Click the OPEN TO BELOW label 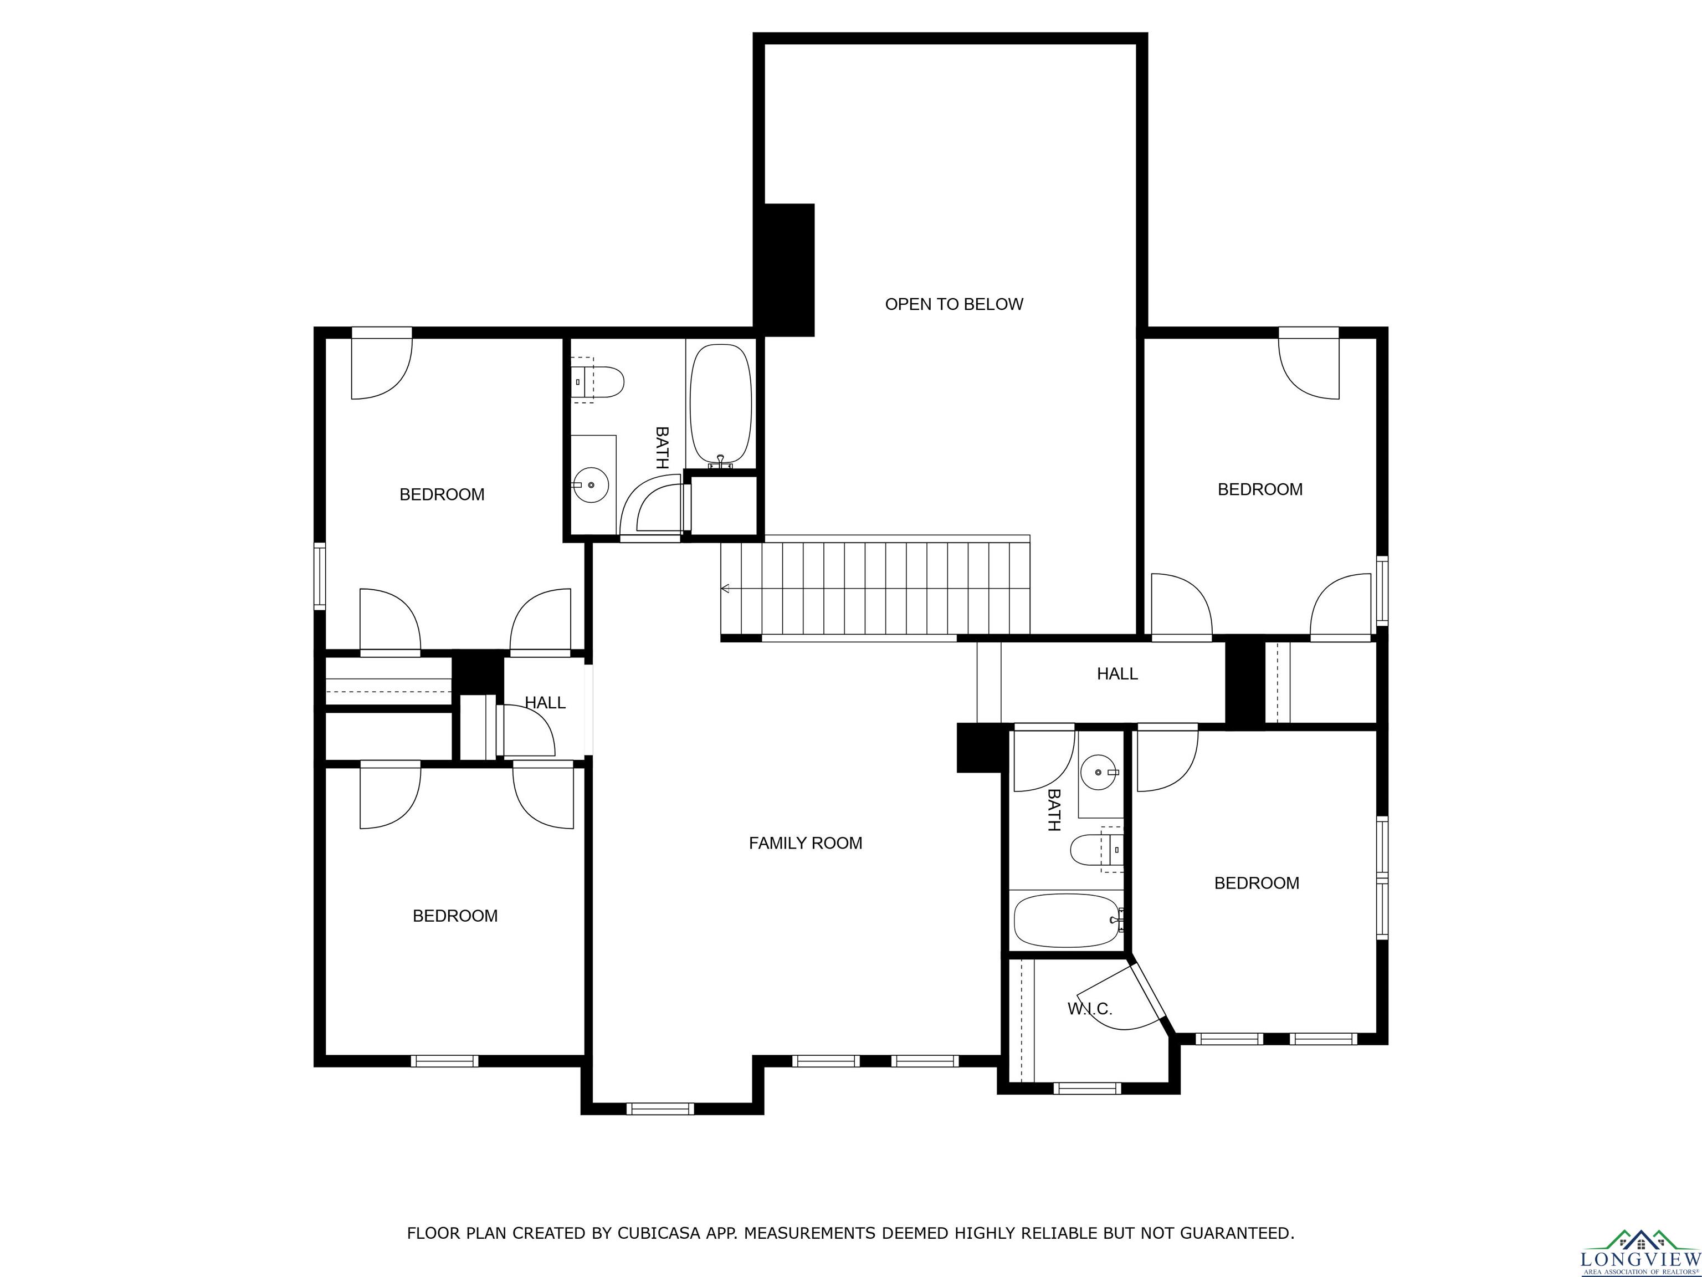(x=954, y=304)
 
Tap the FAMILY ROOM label (x=806, y=843)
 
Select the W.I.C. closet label (x=1090, y=1008)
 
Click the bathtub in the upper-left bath (x=720, y=406)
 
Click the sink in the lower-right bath (x=1099, y=772)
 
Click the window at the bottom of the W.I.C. (x=1087, y=1087)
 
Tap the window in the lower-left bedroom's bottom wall (x=444, y=1061)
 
